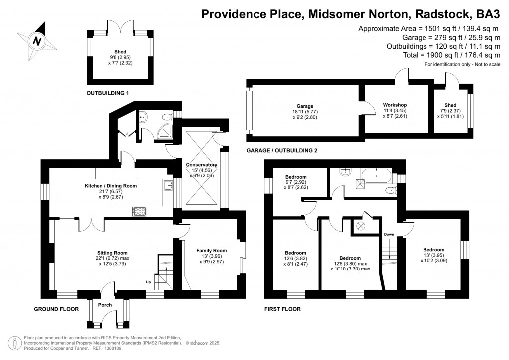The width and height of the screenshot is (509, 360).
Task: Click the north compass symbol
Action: [x=36, y=41]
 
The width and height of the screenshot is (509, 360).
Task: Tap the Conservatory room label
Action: [x=201, y=165]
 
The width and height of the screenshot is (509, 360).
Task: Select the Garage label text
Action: [x=305, y=106]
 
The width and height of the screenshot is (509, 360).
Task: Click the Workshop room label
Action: [x=395, y=105]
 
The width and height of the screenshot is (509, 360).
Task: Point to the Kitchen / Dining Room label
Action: [x=111, y=186]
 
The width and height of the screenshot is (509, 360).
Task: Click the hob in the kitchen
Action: [x=140, y=211]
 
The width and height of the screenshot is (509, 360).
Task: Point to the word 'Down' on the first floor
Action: [x=389, y=234]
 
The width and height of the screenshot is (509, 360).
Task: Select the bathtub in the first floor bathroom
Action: [x=377, y=175]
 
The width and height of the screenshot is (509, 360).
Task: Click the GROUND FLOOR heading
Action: [x=56, y=309]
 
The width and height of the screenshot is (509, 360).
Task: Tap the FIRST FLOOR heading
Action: [x=282, y=309]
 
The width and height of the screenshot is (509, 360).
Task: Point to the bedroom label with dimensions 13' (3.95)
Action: [x=433, y=250]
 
